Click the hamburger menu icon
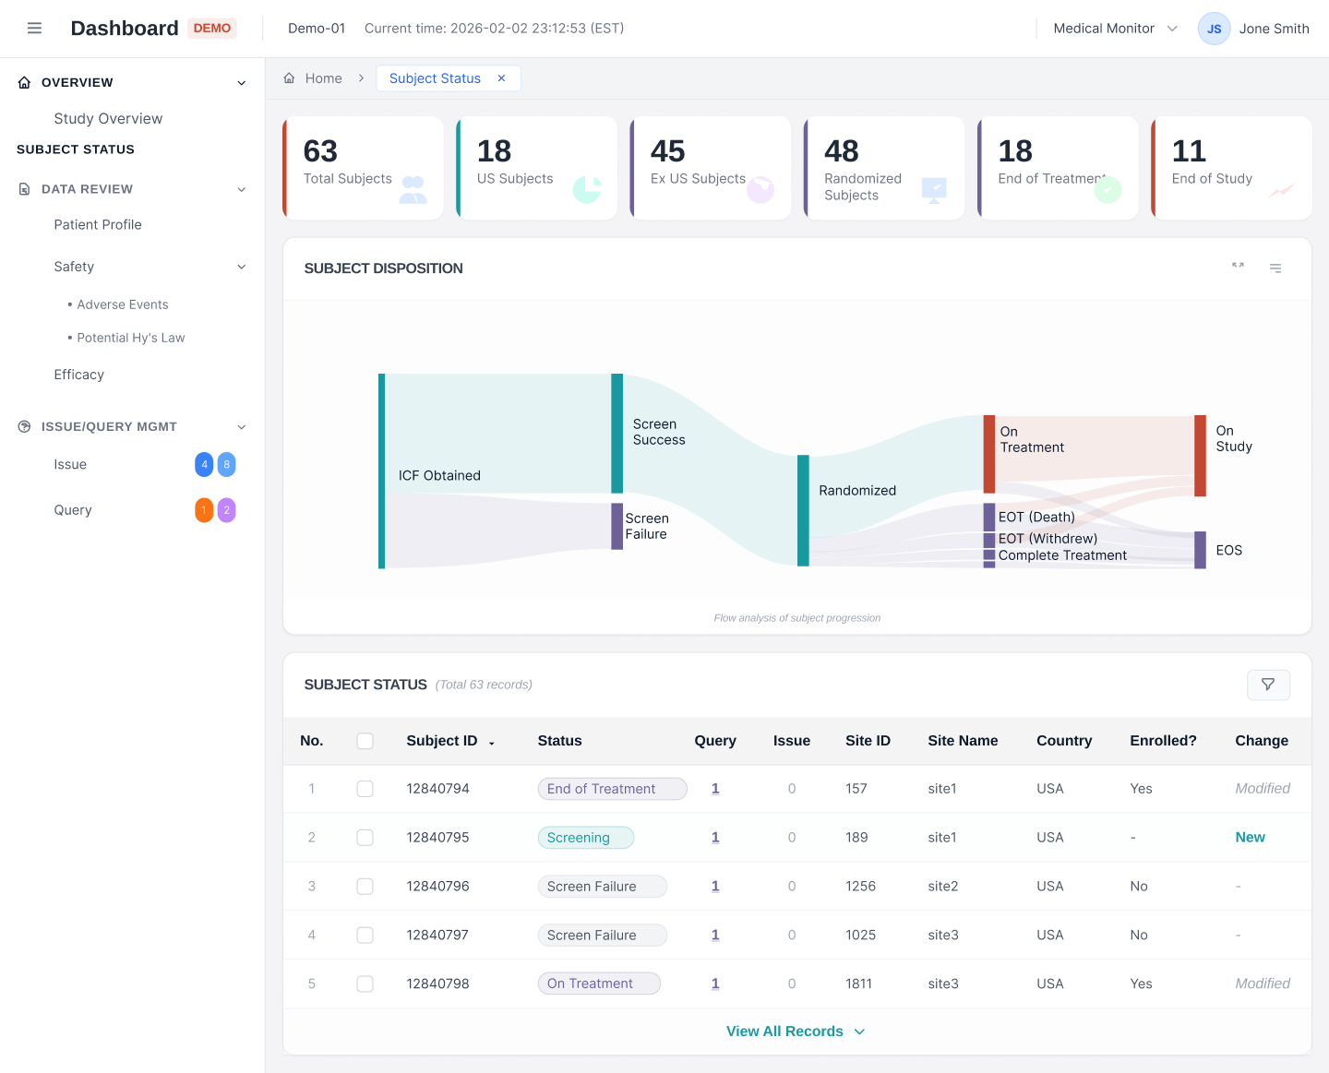coord(34,29)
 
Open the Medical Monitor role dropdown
coord(1115,29)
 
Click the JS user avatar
coord(1214,29)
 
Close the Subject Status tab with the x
coord(501,78)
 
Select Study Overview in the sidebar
coord(108,119)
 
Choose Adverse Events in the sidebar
coord(123,304)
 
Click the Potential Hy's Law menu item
coord(130,338)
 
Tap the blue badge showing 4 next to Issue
coord(204,465)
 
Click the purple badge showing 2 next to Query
coord(227,510)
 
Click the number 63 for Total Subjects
coord(320,151)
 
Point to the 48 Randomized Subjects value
coord(841,151)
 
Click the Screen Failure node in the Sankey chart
coord(617,526)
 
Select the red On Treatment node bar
coord(988,454)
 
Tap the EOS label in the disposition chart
coord(1228,551)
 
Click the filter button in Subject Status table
coord(1268,685)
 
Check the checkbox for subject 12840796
coord(365,887)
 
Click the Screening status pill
coord(585,838)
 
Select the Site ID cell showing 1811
coord(858,984)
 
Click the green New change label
coord(1250,838)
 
